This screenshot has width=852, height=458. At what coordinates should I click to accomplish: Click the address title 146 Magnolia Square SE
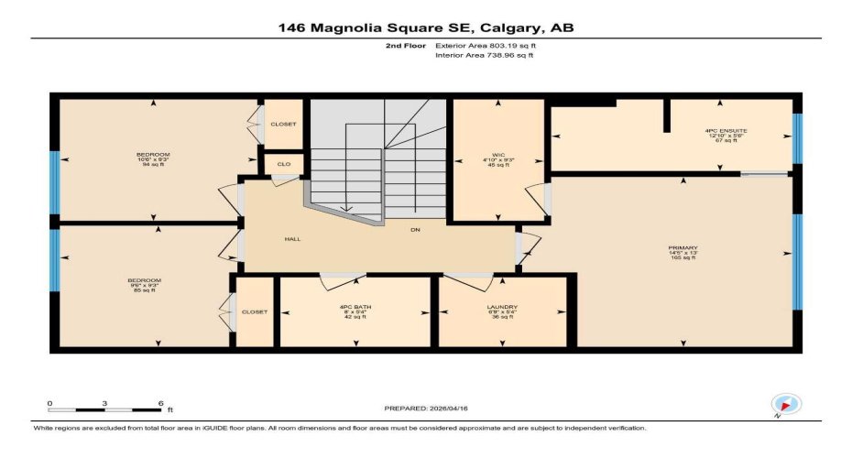(426, 28)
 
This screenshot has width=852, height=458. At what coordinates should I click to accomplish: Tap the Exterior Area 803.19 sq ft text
(484, 44)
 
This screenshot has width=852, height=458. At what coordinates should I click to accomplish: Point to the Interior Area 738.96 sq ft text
(484, 56)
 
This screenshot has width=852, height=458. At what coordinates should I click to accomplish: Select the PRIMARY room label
(684, 248)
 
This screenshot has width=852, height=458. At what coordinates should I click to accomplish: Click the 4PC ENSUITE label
(726, 131)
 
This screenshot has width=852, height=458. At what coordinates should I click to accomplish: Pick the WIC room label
(499, 156)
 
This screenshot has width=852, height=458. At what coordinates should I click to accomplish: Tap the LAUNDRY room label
(503, 307)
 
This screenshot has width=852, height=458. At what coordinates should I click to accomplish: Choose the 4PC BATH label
(354, 307)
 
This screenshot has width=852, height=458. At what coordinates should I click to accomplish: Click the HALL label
(292, 239)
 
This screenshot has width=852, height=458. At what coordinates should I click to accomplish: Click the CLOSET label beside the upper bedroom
(283, 125)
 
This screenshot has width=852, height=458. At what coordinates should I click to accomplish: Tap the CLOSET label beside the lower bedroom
(255, 311)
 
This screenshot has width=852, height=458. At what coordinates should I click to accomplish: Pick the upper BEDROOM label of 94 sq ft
(153, 154)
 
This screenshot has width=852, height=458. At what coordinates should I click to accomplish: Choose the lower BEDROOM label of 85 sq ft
(145, 279)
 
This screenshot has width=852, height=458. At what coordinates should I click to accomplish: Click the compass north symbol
(786, 404)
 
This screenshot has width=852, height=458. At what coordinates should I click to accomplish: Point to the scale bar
(104, 409)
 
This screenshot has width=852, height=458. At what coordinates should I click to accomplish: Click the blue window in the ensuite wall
(796, 138)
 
